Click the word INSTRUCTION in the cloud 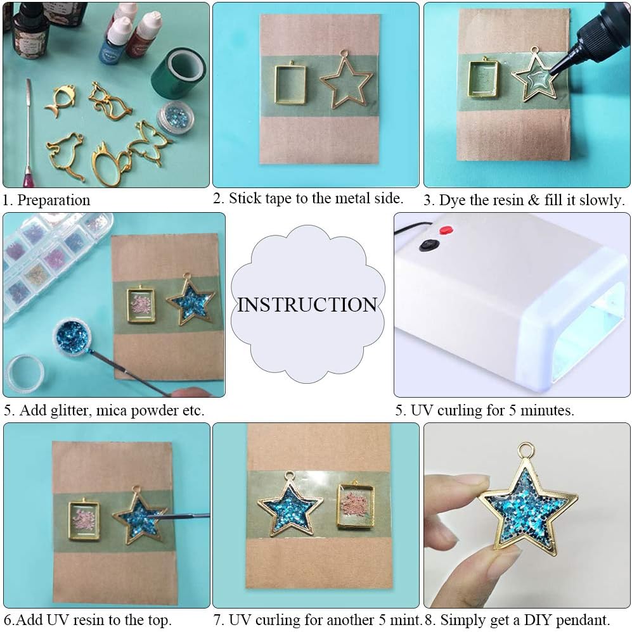[x=307, y=305]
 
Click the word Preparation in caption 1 [x=54, y=200]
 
